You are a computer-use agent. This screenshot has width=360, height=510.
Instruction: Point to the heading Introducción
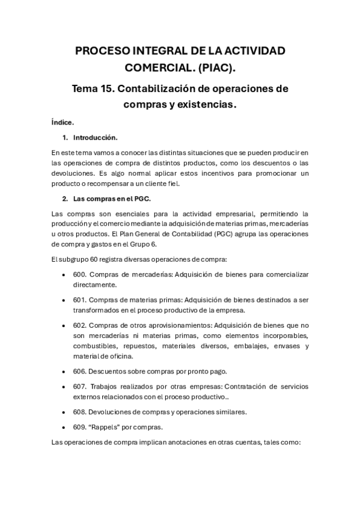coord(99,137)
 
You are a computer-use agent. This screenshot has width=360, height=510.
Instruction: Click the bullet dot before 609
coord(64,428)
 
